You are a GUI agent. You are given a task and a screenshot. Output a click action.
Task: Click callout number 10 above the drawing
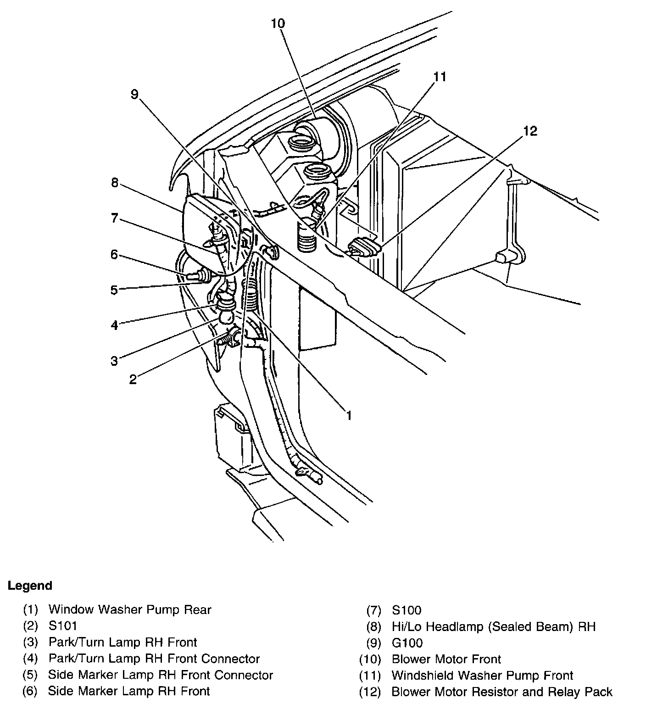278,23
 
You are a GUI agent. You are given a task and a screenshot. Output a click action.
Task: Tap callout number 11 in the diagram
440,77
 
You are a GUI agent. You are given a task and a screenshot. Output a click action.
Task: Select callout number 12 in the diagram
529,131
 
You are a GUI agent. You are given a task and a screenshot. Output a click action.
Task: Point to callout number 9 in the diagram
134,95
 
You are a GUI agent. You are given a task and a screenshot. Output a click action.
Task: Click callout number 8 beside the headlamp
115,183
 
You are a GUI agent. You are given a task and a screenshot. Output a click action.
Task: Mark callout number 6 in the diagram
115,254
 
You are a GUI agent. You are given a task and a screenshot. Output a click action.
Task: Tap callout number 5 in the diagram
115,290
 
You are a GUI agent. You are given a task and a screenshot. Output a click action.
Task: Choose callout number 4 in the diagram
115,325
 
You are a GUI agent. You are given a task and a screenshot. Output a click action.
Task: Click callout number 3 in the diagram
115,361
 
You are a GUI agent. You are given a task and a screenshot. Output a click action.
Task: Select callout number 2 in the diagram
133,380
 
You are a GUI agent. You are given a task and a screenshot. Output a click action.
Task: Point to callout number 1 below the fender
349,415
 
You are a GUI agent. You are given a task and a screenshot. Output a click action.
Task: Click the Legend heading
30,586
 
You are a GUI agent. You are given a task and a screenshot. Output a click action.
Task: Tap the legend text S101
63,626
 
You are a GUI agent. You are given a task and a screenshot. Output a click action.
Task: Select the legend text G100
407,643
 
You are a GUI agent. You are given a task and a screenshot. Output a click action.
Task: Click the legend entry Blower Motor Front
446,659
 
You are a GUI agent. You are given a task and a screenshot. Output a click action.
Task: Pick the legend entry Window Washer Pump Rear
130,609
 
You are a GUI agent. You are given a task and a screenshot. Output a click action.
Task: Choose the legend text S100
407,610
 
